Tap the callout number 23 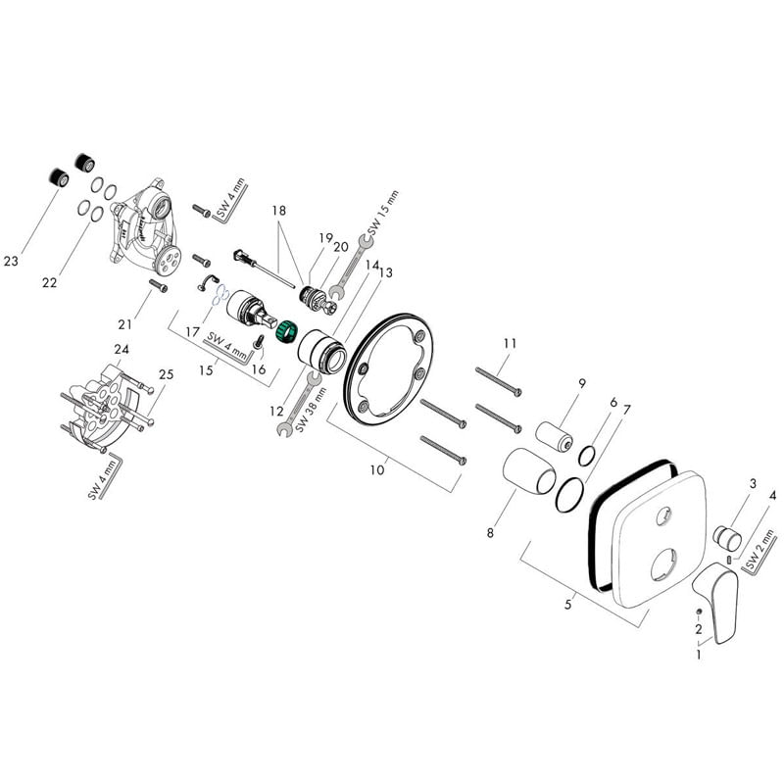coord(12,262)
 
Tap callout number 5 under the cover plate coord(567,605)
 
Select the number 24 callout coord(122,350)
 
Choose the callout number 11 coord(509,343)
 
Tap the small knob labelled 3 coord(727,537)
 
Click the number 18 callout coord(279,211)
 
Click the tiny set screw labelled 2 coord(697,612)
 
